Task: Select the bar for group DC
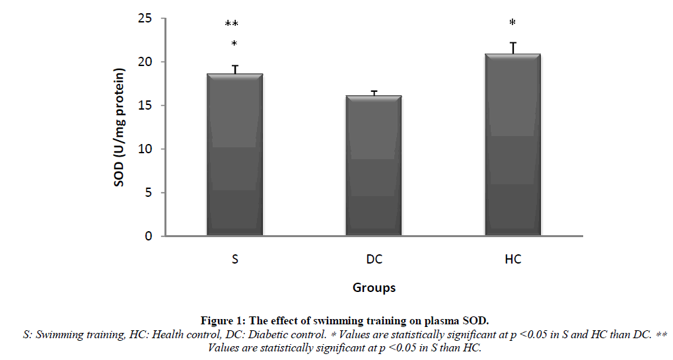tap(374, 165)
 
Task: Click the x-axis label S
tap(234, 260)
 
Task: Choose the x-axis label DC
tap(374, 260)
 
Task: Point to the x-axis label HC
tap(513, 260)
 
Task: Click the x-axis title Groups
tap(374, 287)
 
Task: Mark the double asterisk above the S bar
tap(232, 24)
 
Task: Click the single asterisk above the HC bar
tap(513, 23)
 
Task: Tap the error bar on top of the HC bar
tap(513, 48)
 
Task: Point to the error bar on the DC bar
tap(374, 93)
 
